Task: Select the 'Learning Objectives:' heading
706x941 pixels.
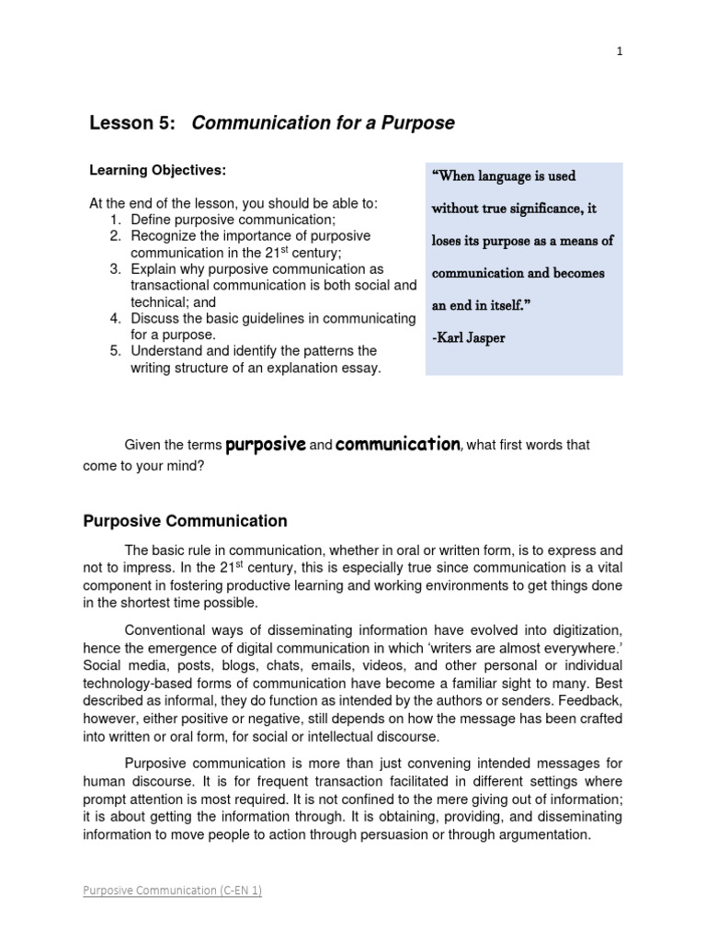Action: click(157, 171)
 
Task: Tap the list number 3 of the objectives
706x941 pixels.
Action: click(115, 269)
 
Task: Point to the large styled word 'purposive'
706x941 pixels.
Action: click(265, 444)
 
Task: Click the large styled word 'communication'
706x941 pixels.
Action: click(397, 444)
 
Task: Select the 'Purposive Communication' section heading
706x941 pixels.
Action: click(185, 521)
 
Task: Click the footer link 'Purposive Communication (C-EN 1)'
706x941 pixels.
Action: click(172, 890)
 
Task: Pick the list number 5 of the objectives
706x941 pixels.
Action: click(115, 352)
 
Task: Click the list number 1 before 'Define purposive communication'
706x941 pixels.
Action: click(115, 220)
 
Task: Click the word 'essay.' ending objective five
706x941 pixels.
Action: click(361, 368)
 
